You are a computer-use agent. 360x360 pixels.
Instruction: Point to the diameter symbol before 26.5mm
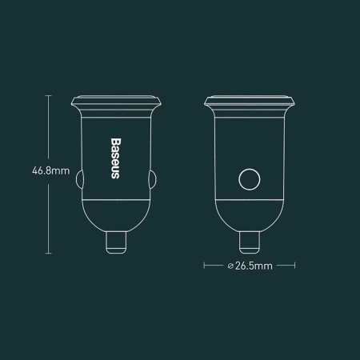230,266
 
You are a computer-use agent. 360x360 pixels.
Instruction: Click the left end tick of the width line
206,266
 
